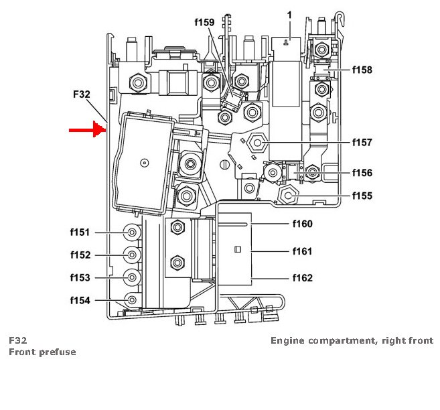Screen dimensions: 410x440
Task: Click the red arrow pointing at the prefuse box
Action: pyautogui.click(x=88, y=130)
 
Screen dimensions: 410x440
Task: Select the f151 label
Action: pyautogui.click(x=80, y=232)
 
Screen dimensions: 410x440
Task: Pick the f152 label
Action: pyautogui.click(x=80, y=255)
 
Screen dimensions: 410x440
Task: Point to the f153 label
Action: pyautogui.click(x=80, y=277)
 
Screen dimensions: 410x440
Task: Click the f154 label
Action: pyautogui.click(x=80, y=301)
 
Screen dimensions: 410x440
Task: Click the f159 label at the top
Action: pyautogui.click(x=205, y=22)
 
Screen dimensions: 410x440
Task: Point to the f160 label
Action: pyautogui.click(x=302, y=223)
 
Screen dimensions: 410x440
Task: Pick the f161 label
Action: pyautogui.click(x=302, y=251)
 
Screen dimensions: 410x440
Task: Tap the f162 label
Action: pyautogui.click(x=302, y=277)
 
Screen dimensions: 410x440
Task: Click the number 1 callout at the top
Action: pyautogui.click(x=289, y=15)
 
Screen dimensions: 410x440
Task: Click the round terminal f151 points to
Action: pyautogui.click(x=132, y=232)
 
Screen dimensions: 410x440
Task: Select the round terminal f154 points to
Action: pyautogui.click(x=132, y=300)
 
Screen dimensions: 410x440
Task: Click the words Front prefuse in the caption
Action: pyautogui.click(x=43, y=352)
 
